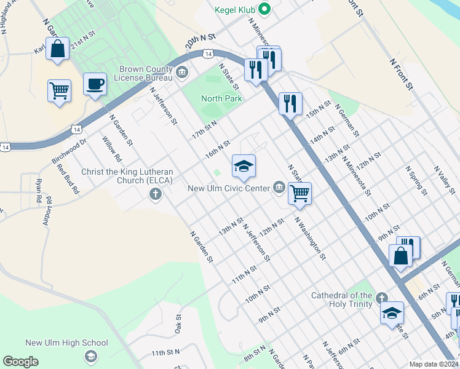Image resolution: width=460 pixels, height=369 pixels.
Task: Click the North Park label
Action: pyautogui.click(x=221, y=98)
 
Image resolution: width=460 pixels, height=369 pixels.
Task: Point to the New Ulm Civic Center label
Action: pyautogui.click(x=229, y=188)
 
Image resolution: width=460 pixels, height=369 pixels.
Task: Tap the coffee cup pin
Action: pyautogui.click(x=95, y=84)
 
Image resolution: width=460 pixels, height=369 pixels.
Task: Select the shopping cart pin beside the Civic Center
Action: pyautogui.click(x=299, y=193)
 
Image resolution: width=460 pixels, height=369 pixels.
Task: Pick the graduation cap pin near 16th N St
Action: pyautogui.click(x=244, y=165)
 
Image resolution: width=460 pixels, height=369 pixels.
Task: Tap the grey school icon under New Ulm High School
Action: pyautogui.click(x=91, y=357)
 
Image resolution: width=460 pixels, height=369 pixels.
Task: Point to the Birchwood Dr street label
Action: pyautogui.click(x=69, y=151)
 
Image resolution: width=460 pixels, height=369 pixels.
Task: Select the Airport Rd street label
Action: pyautogui.click(x=48, y=211)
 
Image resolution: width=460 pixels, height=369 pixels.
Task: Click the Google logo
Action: pyautogui.click(x=20, y=362)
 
